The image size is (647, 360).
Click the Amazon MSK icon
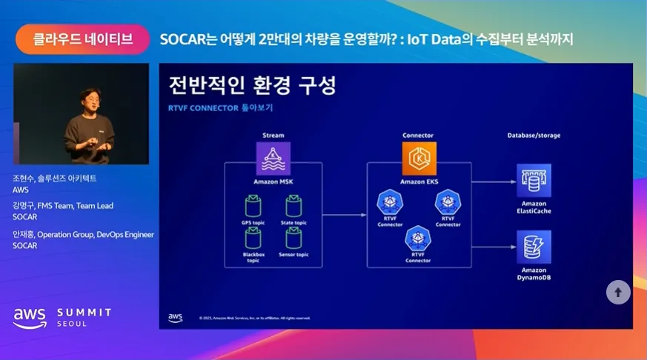273,159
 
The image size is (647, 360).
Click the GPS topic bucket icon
254,205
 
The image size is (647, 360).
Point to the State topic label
293,222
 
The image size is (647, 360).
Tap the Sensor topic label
293,254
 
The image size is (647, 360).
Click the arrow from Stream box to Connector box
345,215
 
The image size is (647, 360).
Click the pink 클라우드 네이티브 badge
83,39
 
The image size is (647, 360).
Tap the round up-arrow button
618,292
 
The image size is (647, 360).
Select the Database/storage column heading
534,136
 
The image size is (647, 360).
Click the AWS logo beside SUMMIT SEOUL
29,317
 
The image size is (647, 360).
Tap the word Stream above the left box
273,136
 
